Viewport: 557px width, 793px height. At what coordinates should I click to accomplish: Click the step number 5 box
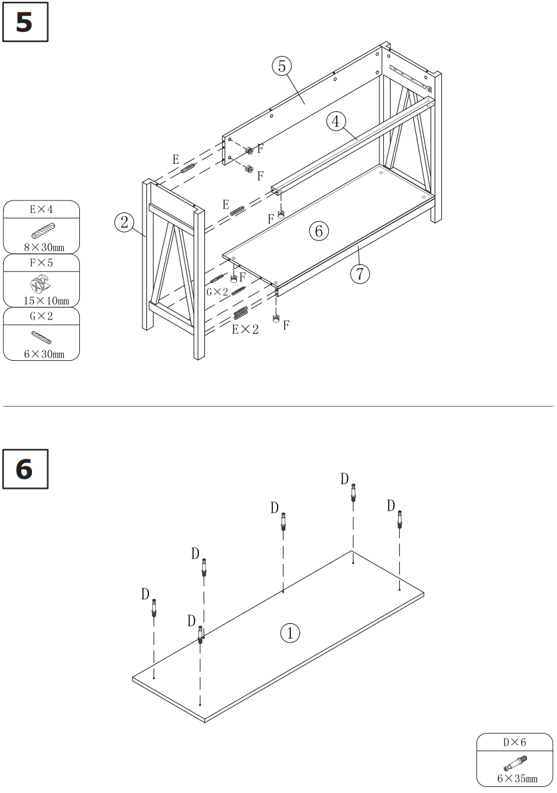[x=25, y=23]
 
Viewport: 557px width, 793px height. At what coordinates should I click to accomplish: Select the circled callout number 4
[x=337, y=121]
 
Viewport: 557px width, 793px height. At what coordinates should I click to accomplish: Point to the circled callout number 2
[x=124, y=222]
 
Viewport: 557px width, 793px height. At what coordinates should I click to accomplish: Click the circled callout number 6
[x=318, y=231]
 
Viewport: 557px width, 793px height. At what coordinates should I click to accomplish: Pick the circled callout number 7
[x=360, y=274]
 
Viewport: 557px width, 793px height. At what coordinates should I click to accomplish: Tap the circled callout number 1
[x=289, y=633]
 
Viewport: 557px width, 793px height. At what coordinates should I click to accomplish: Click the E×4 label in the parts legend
[x=41, y=210]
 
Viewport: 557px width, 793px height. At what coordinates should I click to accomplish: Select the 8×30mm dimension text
[x=41, y=247]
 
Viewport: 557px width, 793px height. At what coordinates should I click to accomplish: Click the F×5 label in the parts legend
[x=41, y=263]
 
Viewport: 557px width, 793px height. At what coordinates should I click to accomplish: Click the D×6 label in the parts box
[x=514, y=741]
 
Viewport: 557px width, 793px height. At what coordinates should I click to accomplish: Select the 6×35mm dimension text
[x=515, y=778]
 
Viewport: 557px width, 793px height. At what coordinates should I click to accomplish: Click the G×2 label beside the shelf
[x=218, y=292]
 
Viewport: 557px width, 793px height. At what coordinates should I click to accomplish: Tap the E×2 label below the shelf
[x=246, y=329]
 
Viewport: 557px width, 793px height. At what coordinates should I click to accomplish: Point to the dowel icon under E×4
[x=41, y=230]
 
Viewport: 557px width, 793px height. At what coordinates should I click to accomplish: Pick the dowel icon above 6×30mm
[x=41, y=337]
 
